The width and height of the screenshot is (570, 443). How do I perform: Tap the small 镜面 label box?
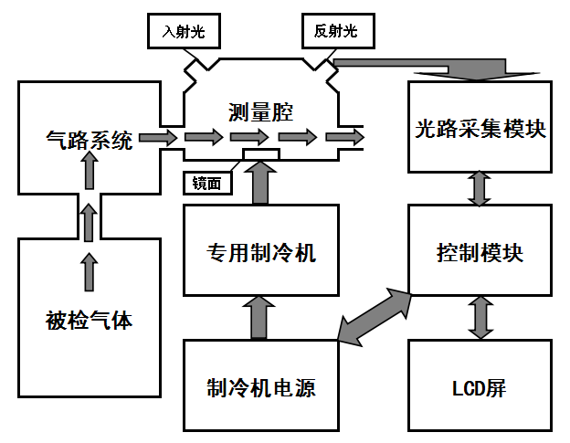pos(208,183)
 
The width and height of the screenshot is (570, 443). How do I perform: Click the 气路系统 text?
pos(89,140)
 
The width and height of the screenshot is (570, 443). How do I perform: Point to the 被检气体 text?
pos(89,321)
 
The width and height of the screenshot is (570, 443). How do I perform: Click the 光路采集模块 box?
pos(480,127)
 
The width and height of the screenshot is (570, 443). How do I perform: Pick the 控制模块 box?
pos(480,251)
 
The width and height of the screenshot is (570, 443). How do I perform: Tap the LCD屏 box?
pos(480,385)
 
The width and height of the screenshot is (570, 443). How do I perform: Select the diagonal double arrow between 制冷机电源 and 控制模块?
pos(375,315)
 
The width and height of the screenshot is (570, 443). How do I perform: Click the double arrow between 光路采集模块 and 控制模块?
pos(480,188)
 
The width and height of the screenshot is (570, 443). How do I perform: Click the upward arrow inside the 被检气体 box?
pos(89,271)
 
